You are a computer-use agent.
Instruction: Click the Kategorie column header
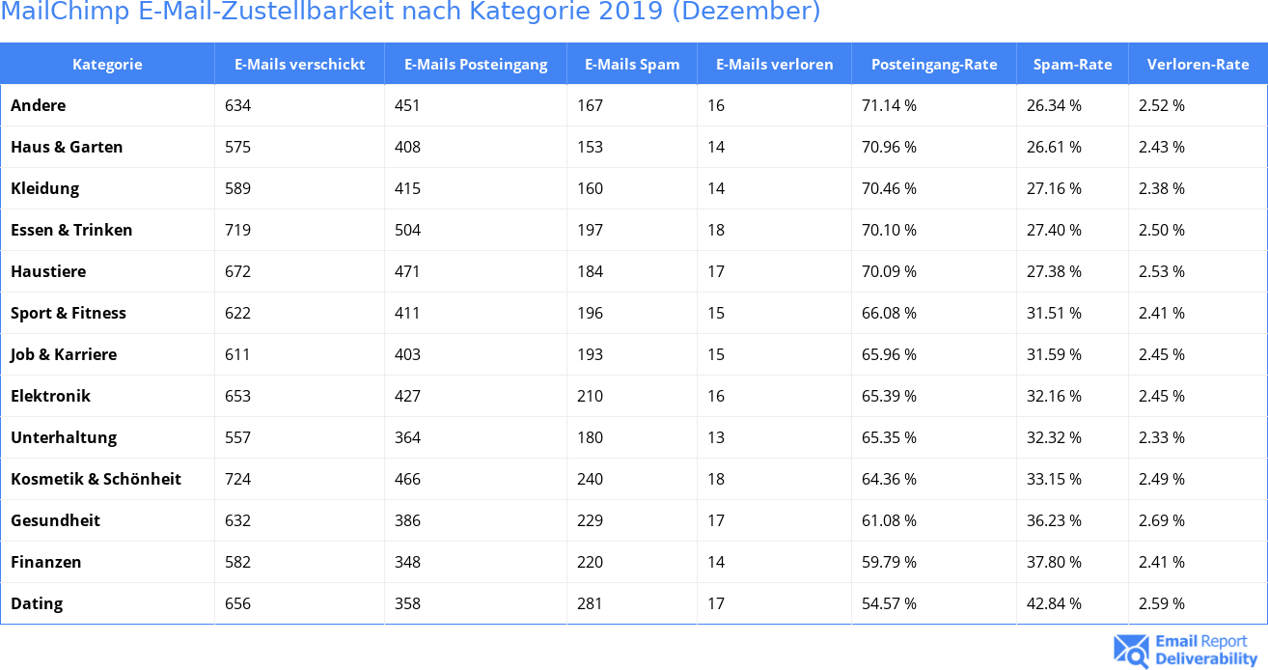pos(107,65)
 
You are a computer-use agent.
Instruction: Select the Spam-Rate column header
pos(1072,65)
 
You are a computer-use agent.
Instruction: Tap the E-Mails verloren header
pos(774,65)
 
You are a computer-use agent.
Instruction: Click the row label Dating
pos(37,603)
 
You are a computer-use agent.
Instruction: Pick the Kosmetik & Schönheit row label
pos(96,479)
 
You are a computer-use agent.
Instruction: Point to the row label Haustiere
pos(48,271)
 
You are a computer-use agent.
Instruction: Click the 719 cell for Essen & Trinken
pos(237,230)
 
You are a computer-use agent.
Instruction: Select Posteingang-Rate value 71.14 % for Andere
pos(889,105)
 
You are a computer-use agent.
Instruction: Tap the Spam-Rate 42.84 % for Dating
pos(1054,603)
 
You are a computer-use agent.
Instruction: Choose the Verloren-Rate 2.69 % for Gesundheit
pos(1161,520)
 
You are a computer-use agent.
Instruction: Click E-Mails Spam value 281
pos(590,603)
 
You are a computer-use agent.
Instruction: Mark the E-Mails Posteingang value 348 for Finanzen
pos(407,562)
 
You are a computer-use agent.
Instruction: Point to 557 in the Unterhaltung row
pos(237,437)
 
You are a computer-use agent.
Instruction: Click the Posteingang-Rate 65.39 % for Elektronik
pos(889,396)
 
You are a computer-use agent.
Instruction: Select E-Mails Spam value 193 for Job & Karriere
pos(590,354)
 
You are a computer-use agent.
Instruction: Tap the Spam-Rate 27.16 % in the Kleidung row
pos(1054,188)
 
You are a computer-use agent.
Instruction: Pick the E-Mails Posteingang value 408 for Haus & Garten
pos(407,147)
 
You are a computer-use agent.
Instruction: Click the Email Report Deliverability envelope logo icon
pos(1131,651)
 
